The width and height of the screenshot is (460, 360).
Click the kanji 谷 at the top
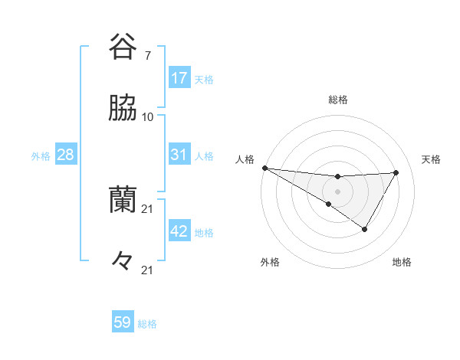123,47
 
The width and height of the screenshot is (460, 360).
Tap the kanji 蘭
123,201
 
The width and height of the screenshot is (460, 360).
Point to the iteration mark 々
123,261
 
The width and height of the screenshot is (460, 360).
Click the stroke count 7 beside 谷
147,55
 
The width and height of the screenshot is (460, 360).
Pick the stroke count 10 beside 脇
148,117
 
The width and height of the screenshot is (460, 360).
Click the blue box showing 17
179,78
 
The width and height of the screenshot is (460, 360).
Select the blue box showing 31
179,155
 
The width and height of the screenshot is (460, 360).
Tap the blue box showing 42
179,231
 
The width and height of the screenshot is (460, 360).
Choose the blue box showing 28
65,155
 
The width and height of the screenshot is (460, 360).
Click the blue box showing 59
123,322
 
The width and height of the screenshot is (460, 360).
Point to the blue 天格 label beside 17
204,80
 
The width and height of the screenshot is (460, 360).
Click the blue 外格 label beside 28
41,156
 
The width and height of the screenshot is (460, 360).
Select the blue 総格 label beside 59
147,324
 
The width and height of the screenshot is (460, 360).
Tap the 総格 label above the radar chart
338,100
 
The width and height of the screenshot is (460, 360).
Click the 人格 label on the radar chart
245,159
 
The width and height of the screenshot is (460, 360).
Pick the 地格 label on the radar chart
402,262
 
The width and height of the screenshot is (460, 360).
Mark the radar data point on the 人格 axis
264,168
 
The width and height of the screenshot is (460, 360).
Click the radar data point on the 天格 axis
396,172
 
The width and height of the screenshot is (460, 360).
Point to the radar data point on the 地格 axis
365,229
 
